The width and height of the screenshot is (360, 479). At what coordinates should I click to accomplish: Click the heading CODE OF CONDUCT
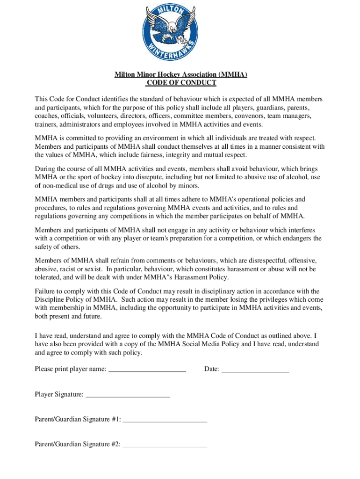(x=181, y=83)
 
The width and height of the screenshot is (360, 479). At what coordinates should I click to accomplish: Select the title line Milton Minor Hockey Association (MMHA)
(x=181, y=74)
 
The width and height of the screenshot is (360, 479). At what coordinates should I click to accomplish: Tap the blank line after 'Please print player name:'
(x=147, y=370)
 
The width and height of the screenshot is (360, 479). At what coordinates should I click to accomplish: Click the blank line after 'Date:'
(x=255, y=370)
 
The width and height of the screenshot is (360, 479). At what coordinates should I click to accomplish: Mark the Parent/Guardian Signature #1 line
(x=165, y=420)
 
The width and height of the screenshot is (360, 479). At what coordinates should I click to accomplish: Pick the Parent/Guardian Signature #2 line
(x=165, y=445)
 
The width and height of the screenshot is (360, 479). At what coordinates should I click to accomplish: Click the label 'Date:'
(x=212, y=370)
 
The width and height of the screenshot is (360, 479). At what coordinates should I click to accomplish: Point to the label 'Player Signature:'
(x=59, y=395)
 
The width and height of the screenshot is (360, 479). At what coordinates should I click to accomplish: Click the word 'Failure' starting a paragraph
(x=46, y=291)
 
